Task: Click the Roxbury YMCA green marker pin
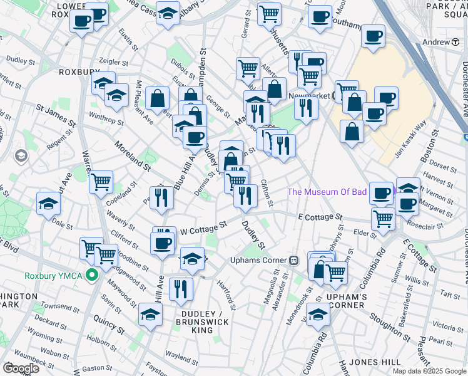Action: click(93, 275)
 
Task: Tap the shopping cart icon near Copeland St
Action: click(101, 182)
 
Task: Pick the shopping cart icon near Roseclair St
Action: click(382, 219)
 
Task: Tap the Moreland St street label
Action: click(132, 157)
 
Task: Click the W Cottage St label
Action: click(202, 228)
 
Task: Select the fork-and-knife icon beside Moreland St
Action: click(162, 197)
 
